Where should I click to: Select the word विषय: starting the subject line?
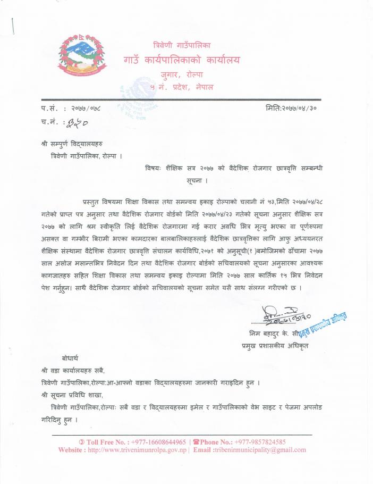156,169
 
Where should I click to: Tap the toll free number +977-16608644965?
154,442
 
